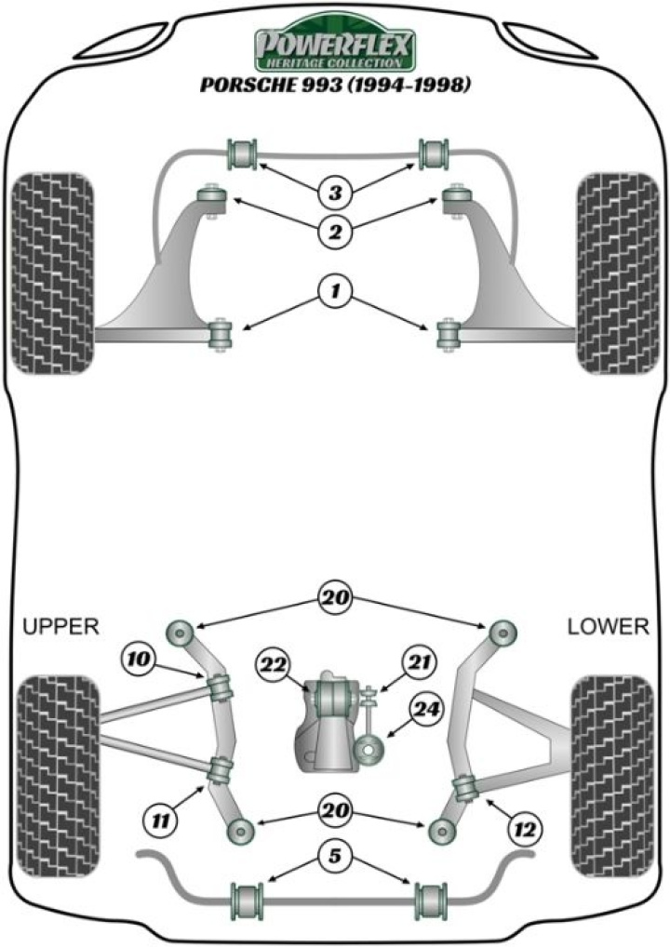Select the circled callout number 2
[333, 230]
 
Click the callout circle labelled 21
[415, 661]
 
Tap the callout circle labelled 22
[275, 666]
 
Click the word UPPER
[60, 626]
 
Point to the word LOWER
[608, 626]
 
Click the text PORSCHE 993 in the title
[261, 86]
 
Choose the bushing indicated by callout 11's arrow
[221, 769]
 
